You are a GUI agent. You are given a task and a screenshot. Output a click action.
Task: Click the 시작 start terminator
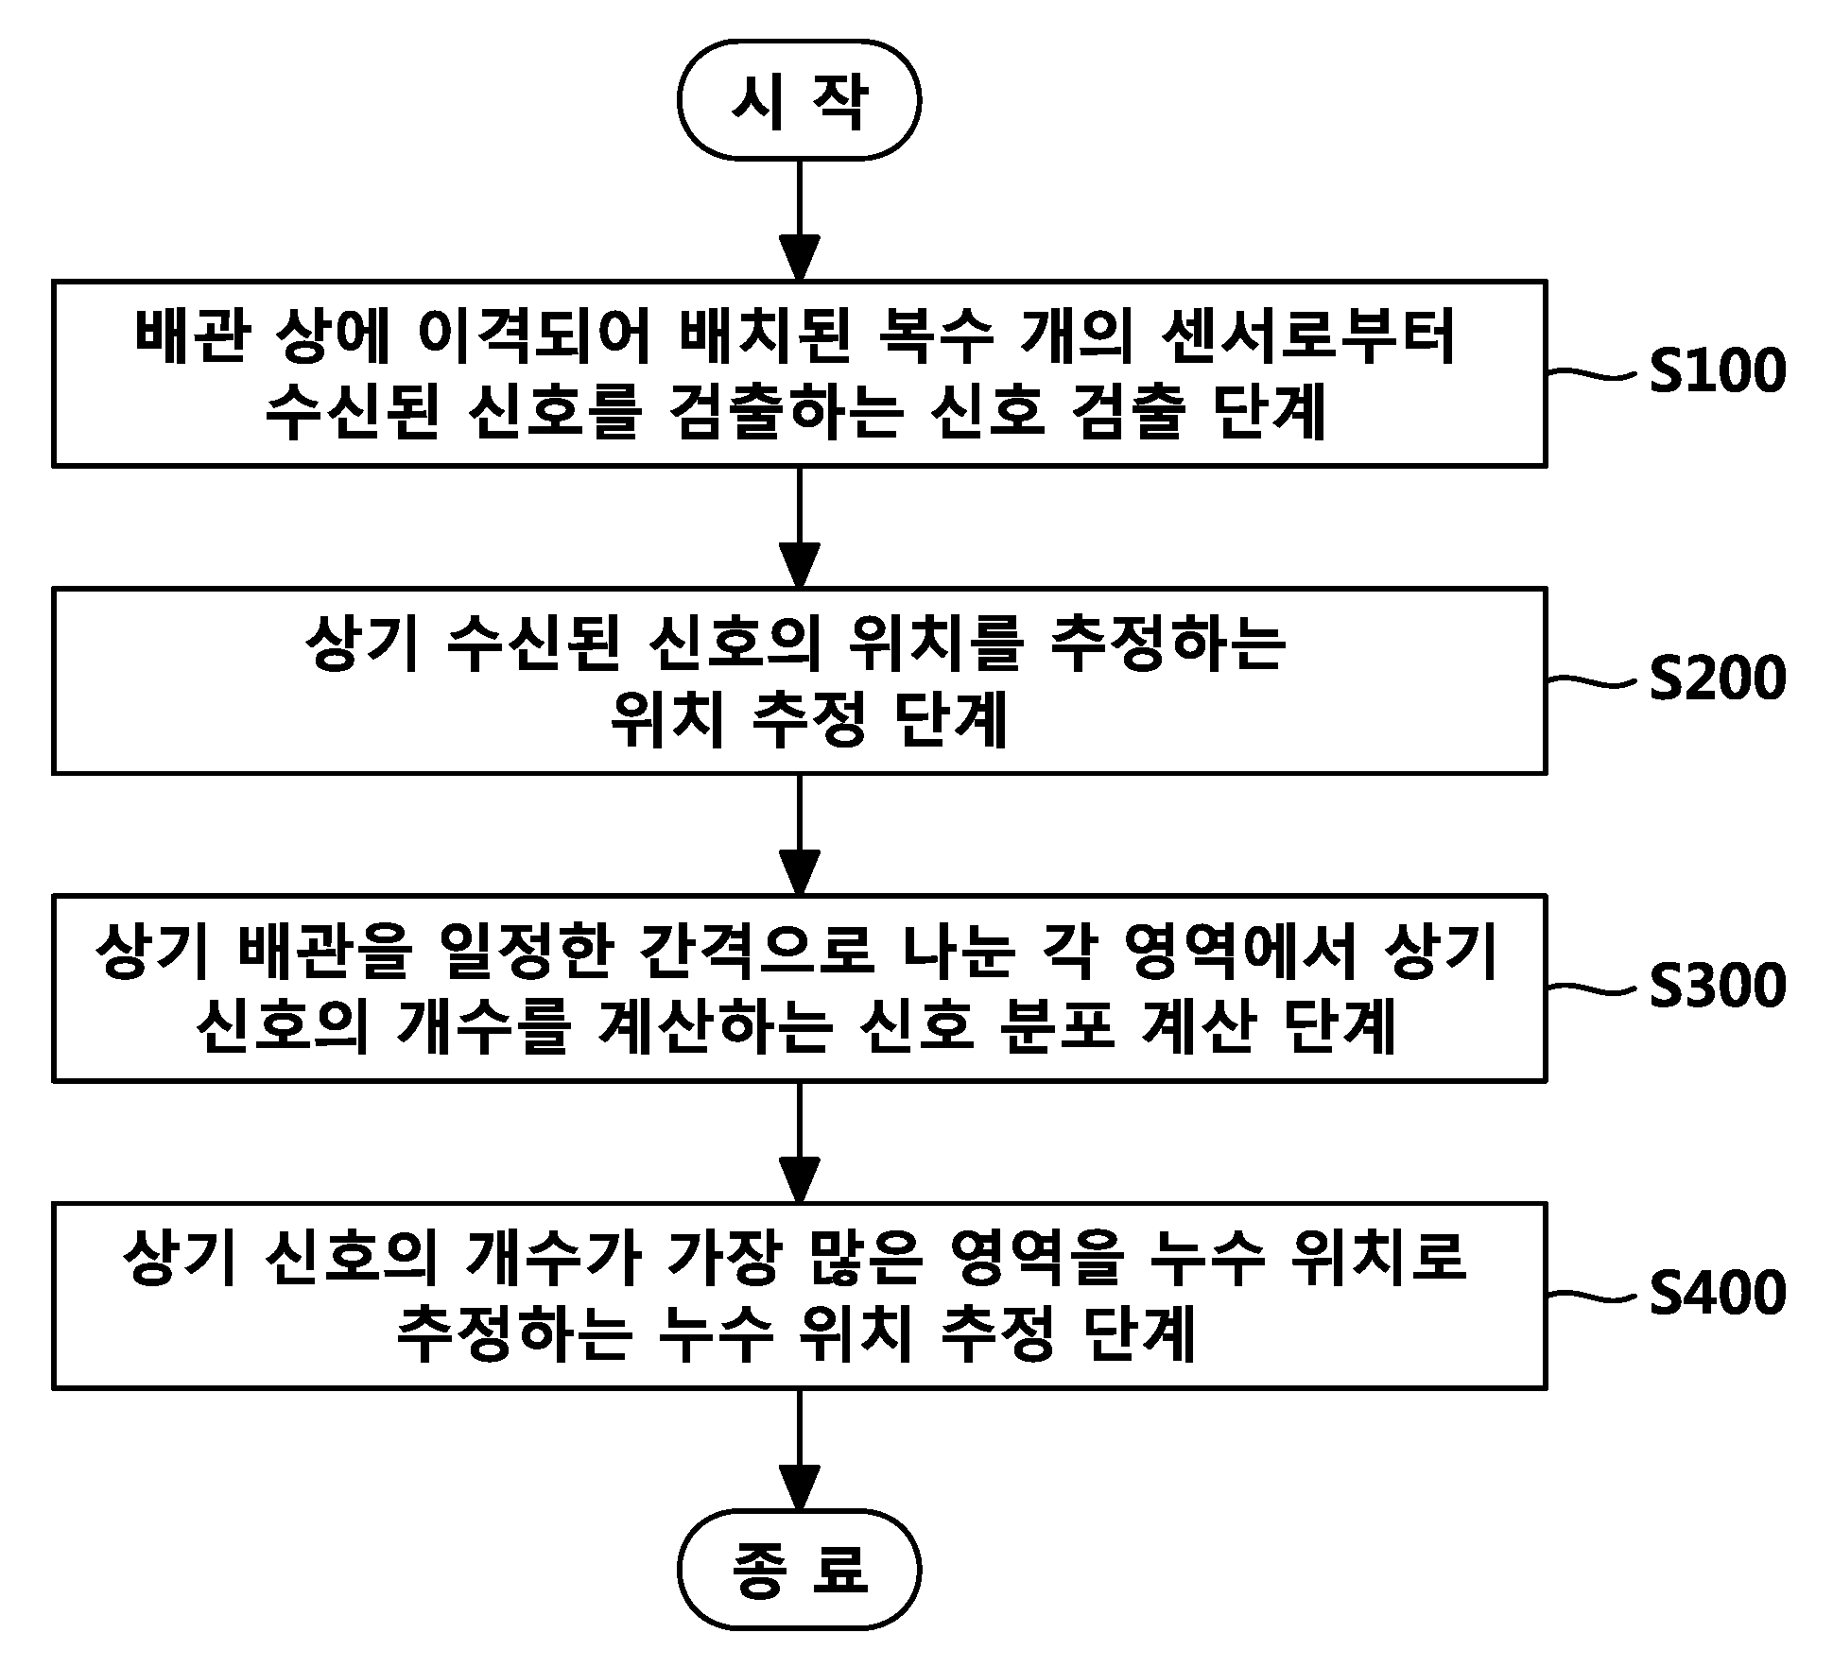pyautogui.click(x=799, y=99)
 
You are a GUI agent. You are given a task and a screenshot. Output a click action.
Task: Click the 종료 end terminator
pyautogui.click(x=799, y=1569)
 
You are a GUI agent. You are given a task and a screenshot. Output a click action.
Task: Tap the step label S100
pyautogui.click(x=1718, y=371)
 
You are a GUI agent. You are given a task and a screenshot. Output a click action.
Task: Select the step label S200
pyautogui.click(x=1718, y=679)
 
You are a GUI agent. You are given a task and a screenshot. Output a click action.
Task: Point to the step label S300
pyautogui.click(x=1718, y=986)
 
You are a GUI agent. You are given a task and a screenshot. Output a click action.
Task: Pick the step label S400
pyautogui.click(x=1718, y=1293)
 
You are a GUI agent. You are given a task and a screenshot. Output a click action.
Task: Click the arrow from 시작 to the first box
pyautogui.click(x=799, y=220)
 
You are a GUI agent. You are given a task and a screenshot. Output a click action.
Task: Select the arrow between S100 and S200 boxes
pyautogui.click(x=799, y=527)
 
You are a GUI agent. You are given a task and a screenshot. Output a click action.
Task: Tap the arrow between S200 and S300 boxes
pyautogui.click(x=799, y=834)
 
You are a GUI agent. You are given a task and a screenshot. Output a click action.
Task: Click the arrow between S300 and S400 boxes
pyautogui.click(x=799, y=1142)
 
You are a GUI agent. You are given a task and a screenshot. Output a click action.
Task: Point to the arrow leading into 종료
pyautogui.click(x=799, y=1449)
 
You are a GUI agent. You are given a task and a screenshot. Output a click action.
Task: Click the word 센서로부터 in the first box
pyautogui.click(x=1309, y=337)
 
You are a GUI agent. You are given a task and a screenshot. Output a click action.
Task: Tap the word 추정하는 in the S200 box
pyautogui.click(x=1167, y=645)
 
